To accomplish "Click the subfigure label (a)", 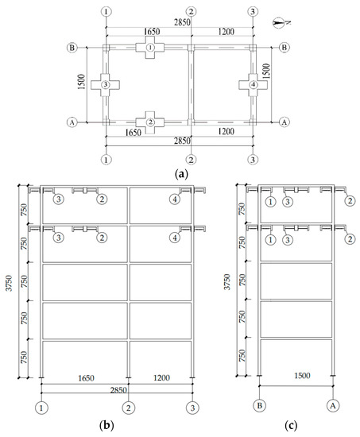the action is coord(181,174).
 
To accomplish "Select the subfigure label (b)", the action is coord(106,425).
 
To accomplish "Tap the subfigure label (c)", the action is coord(291,425).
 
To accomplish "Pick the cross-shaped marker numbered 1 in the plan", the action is coord(150,48).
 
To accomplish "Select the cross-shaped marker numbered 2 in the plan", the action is coord(150,122).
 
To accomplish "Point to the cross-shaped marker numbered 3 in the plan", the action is coord(105,85).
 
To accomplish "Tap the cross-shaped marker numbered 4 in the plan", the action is coord(254,85).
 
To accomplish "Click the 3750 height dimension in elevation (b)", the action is coord(10,283).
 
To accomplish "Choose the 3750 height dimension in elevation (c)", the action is coord(227,282).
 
